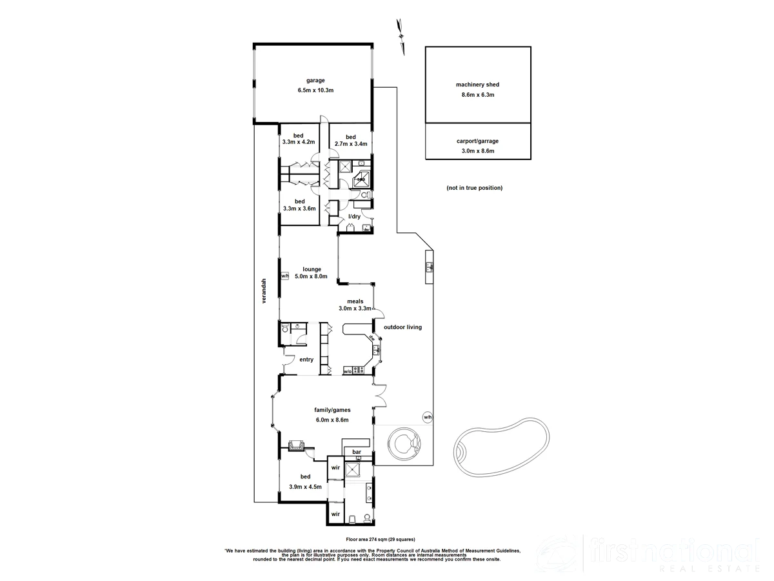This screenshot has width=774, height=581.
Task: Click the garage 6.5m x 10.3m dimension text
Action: pyautogui.click(x=315, y=90)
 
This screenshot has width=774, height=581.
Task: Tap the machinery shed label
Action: pyautogui.click(x=477, y=85)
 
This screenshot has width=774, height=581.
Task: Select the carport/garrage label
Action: pyautogui.click(x=477, y=141)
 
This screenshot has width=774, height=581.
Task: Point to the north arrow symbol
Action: pyautogui.click(x=401, y=32)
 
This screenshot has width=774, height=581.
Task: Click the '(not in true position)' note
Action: pyautogui.click(x=474, y=188)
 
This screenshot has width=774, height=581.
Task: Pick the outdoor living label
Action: pyautogui.click(x=402, y=327)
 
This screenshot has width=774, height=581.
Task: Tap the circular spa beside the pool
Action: pyautogui.click(x=404, y=444)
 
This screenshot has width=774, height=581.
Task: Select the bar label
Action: pyautogui.click(x=356, y=451)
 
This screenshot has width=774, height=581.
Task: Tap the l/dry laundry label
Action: pyautogui.click(x=354, y=216)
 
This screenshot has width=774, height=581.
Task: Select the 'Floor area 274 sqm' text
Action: pyautogui.click(x=381, y=539)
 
